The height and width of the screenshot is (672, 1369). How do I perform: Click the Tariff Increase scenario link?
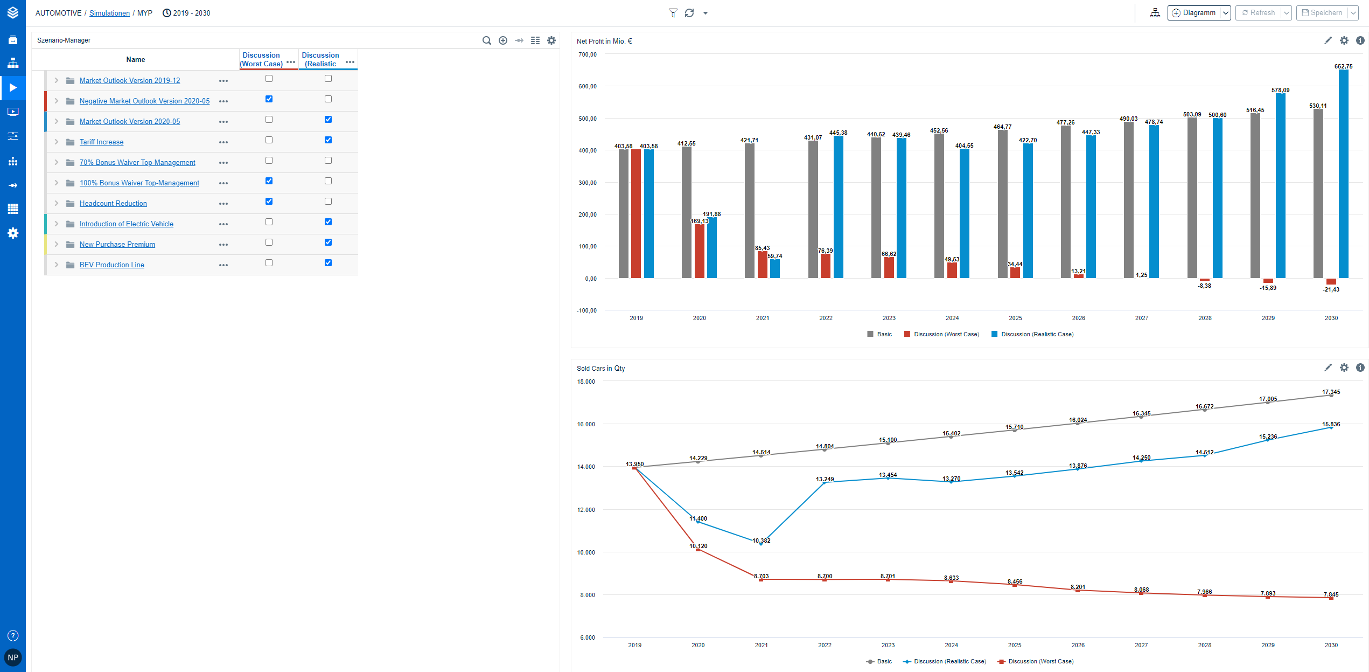pyautogui.click(x=101, y=142)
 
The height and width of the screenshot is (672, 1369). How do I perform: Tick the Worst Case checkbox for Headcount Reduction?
pyautogui.click(x=269, y=202)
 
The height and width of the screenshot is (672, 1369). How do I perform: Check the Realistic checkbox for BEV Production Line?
pyautogui.click(x=328, y=263)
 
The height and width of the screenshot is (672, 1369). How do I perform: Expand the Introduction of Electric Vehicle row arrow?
pyautogui.click(x=56, y=224)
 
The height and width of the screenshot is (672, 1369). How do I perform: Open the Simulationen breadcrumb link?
pyautogui.click(x=109, y=13)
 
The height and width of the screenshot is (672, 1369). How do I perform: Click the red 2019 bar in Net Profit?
pyautogui.click(x=636, y=213)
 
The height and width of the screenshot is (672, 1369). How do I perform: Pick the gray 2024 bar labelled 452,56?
pyautogui.click(x=939, y=206)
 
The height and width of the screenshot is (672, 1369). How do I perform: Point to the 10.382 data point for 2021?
pyautogui.click(x=761, y=544)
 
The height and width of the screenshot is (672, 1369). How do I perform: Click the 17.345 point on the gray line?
pyautogui.click(x=1331, y=395)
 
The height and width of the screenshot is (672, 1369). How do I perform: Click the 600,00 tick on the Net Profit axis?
pyautogui.click(x=588, y=86)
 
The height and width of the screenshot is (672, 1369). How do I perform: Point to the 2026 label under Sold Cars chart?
pyautogui.click(x=1078, y=645)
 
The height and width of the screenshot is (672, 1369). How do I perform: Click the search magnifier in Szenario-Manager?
pyautogui.click(x=486, y=40)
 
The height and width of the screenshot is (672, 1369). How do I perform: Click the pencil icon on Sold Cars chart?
pyautogui.click(x=1328, y=368)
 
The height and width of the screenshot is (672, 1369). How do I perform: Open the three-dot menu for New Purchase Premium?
pyautogui.click(x=223, y=245)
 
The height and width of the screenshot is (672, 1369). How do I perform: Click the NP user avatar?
pyautogui.click(x=13, y=657)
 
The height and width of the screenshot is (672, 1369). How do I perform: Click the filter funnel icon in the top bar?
pyautogui.click(x=673, y=13)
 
